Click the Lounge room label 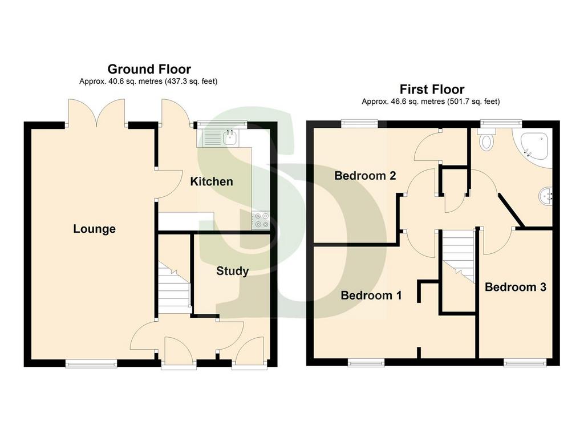[94, 229]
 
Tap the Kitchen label [212, 181]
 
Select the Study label [233, 271]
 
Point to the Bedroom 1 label [371, 296]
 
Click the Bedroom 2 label [365, 176]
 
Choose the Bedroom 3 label [516, 287]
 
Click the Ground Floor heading [149, 69]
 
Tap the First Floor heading [432, 90]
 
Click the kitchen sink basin [230, 138]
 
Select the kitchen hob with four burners [260, 220]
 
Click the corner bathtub [533, 148]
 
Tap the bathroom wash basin [546, 196]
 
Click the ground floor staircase [175, 288]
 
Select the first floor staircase [459, 257]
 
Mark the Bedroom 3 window [525, 362]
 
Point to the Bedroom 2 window [359, 123]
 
